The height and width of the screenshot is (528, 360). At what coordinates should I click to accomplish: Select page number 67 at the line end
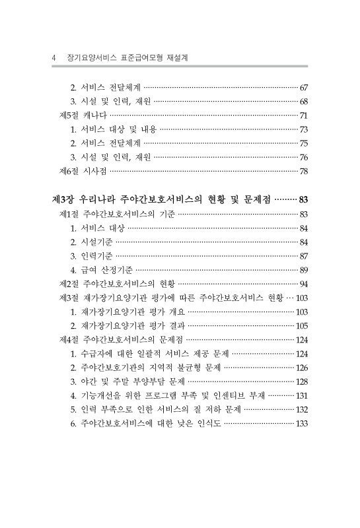coord(304,87)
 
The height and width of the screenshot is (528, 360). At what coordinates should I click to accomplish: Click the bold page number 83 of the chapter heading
coord(303,199)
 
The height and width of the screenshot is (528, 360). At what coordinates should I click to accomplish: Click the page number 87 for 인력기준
coord(304,255)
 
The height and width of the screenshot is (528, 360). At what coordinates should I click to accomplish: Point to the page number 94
coord(304,284)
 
